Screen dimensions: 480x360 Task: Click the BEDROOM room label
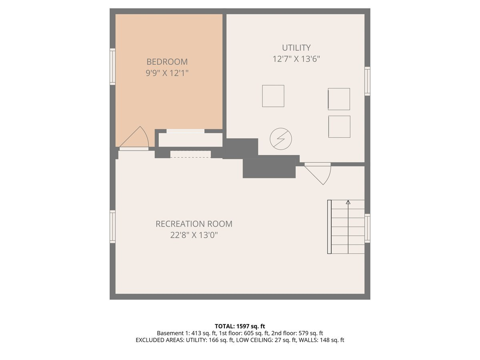(167, 62)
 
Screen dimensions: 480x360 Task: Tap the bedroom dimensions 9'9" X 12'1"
(167, 73)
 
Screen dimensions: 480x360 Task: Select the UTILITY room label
(296, 48)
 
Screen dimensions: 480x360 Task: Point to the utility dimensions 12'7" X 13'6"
(296, 59)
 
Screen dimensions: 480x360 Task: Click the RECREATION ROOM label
(194, 224)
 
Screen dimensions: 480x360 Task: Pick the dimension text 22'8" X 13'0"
(194, 235)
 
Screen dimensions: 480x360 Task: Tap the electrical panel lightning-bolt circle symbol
(280, 139)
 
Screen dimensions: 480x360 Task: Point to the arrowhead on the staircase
(348, 202)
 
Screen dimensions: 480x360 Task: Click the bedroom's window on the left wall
(112, 67)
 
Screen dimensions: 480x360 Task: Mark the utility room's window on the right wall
(367, 81)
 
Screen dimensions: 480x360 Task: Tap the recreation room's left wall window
(112, 226)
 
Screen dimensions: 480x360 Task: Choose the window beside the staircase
(367, 228)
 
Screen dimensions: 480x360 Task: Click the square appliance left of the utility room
(273, 96)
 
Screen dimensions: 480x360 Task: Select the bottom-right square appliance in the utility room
(339, 126)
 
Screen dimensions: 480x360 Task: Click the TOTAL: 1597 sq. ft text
(240, 326)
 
